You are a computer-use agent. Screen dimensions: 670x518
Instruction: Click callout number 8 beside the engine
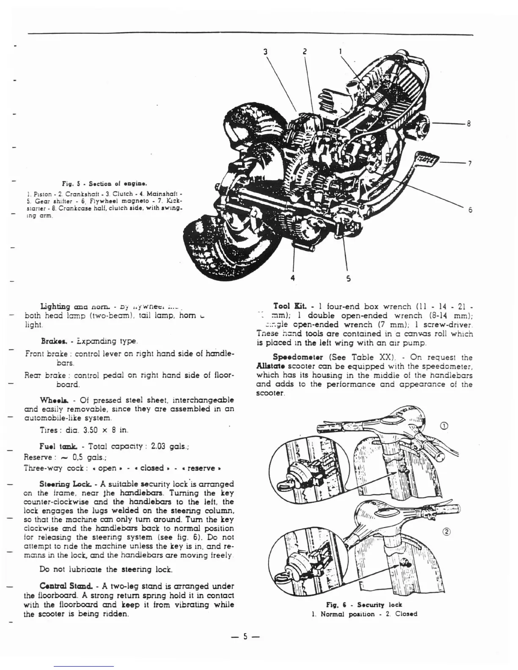click(468, 124)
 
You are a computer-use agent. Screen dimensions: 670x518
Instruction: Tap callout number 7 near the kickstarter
click(470, 164)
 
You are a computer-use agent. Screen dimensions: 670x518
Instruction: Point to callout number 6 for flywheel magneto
click(470, 210)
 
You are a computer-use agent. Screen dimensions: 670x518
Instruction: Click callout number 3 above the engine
click(265, 52)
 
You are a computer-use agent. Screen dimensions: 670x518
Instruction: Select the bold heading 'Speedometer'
click(295, 357)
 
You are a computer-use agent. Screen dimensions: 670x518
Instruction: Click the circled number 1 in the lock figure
click(444, 426)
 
